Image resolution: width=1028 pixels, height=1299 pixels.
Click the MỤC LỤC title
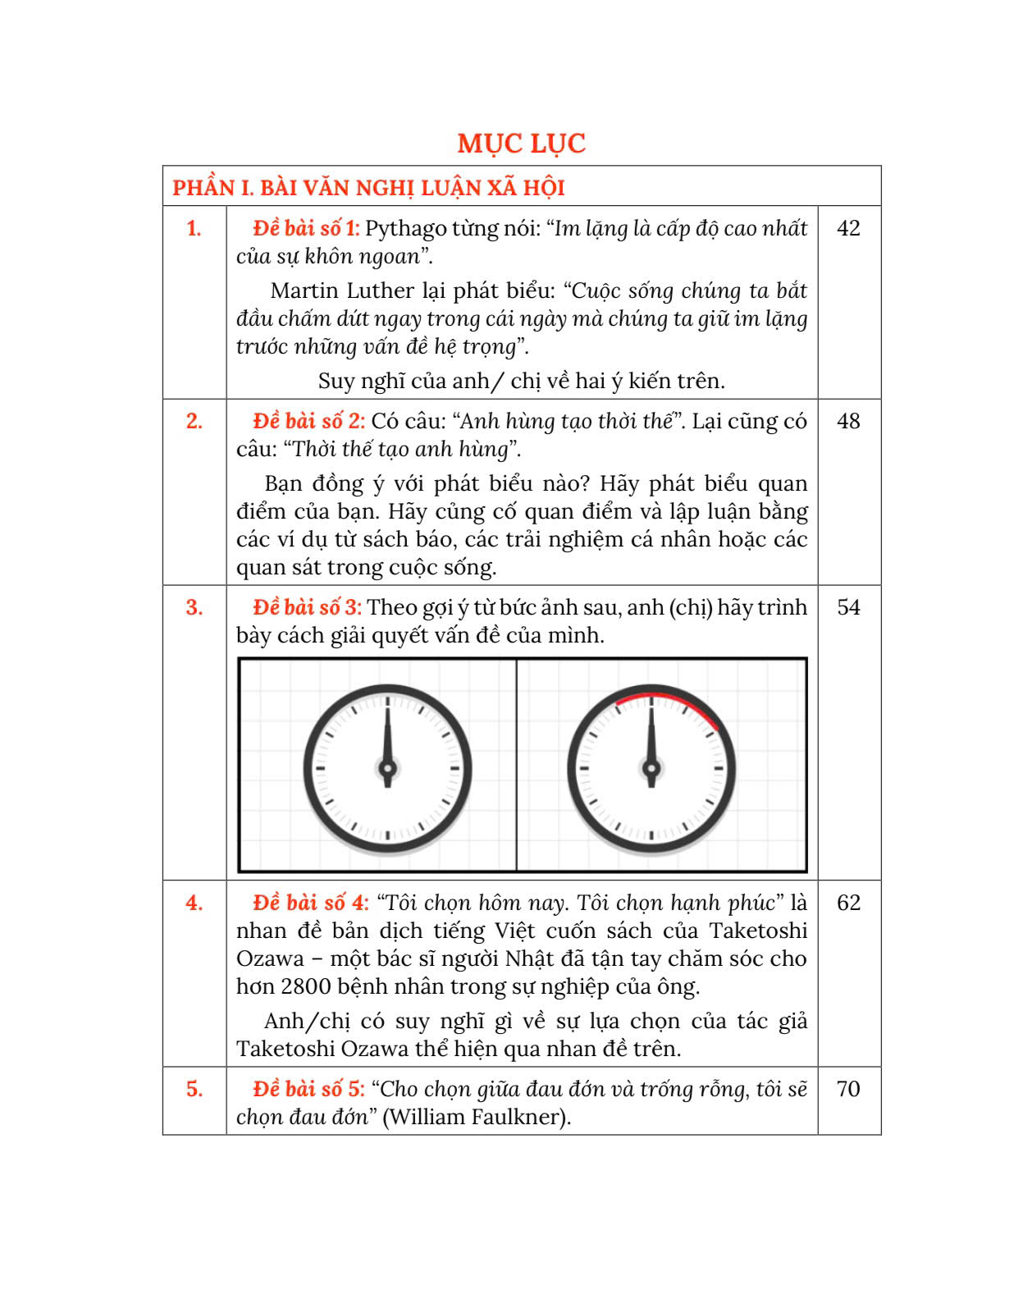coord(521,144)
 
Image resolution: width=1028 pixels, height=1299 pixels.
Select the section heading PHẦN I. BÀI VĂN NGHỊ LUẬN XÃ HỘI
coord(368,188)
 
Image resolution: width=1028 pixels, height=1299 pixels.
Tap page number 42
coord(848,228)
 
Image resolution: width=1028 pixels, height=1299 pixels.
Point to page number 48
coord(848,421)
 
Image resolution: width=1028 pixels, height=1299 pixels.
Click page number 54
coord(848,607)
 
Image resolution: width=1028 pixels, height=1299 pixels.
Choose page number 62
coord(848,903)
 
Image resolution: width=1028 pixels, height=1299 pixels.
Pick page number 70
coord(848,1089)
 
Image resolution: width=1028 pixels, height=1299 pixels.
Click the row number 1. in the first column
coord(194,228)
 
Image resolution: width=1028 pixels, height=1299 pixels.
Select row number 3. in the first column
coord(194,607)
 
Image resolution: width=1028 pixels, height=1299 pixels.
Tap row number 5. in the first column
coord(194,1089)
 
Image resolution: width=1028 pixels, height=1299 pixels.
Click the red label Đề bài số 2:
coord(308,421)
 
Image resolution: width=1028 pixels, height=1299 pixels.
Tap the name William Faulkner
coord(476,1117)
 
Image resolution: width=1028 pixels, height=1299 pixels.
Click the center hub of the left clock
coord(387,769)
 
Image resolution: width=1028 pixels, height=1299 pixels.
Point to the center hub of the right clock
coord(651,769)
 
